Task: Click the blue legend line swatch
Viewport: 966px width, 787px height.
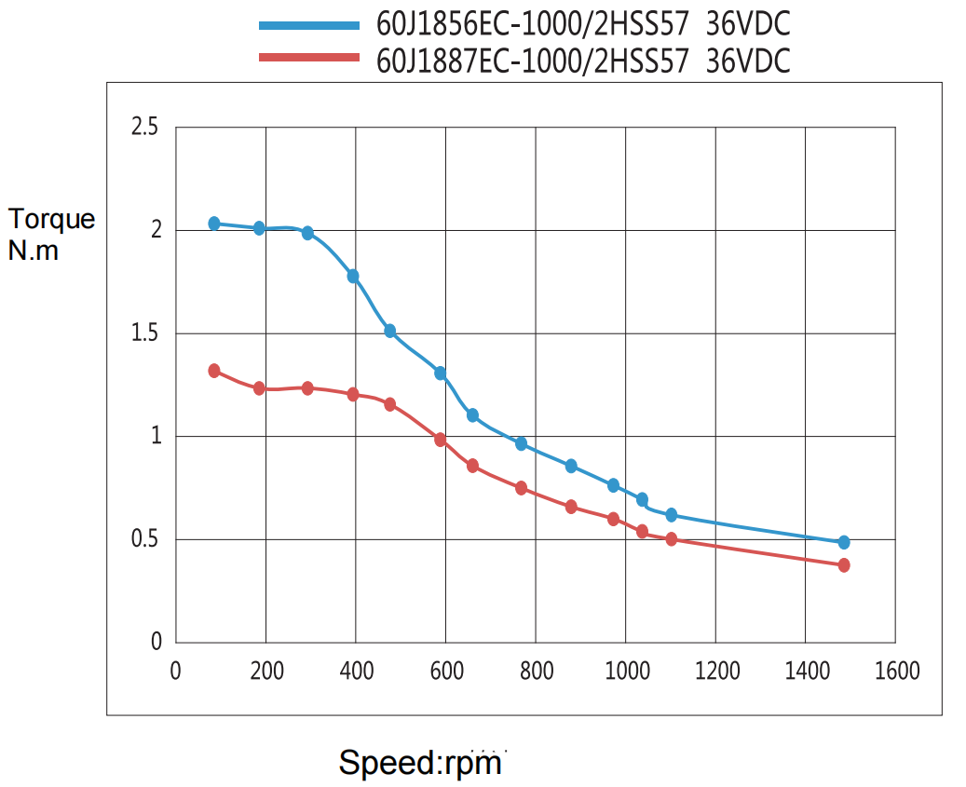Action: coord(308,25)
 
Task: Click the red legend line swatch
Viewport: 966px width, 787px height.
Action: coord(308,58)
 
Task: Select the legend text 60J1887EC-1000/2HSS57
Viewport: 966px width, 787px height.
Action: coord(533,61)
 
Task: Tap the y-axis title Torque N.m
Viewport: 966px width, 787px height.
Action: coord(51,234)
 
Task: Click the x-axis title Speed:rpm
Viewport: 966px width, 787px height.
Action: coord(420,763)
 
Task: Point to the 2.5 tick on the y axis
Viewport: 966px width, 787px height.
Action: coord(145,127)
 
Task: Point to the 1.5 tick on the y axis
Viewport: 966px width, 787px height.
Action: coord(145,333)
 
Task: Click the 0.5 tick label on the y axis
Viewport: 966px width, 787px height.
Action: coord(145,539)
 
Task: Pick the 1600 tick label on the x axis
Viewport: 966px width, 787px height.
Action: coord(896,671)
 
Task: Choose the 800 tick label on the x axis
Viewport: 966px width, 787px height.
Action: coord(536,671)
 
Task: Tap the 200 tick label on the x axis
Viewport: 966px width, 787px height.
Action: coord(266,671)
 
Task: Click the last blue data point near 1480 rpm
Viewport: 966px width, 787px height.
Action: coord(844,542)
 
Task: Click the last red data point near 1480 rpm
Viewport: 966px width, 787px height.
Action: coord(844,565)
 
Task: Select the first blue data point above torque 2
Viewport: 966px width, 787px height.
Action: coord(214,224)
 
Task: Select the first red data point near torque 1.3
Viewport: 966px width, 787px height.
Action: coord(214,371)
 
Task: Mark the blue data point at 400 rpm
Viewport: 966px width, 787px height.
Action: coord(353,277)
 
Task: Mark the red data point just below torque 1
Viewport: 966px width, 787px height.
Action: coord(441,440)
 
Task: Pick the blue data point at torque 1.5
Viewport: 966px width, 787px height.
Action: coord(390,331)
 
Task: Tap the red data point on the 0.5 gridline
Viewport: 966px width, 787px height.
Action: coord(672,539)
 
